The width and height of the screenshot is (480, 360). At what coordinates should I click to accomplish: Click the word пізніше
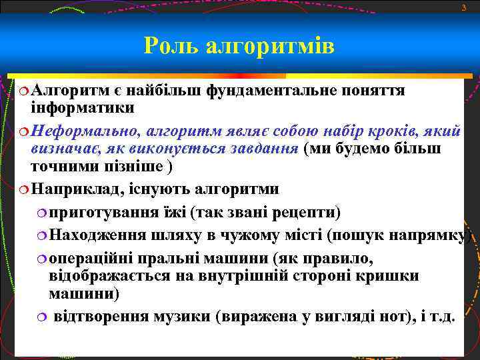(x=127, y=167)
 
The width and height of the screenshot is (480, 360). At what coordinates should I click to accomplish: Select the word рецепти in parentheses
(x=306, y=213)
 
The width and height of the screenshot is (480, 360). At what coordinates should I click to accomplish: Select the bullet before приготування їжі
(x=42, y=213)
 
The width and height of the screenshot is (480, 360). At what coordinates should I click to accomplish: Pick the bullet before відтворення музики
(x=42, y=317)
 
